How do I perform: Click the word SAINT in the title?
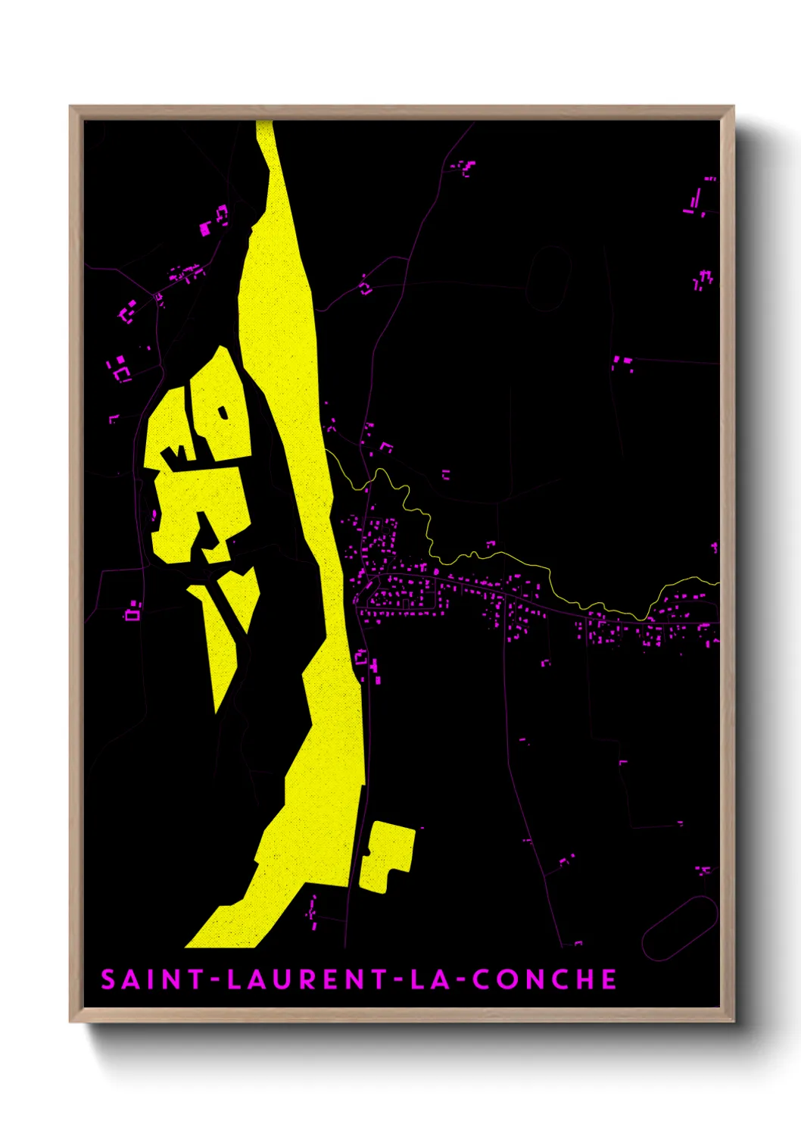click(151, 979)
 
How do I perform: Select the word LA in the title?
click(430, 979)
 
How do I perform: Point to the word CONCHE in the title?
click(545, 979)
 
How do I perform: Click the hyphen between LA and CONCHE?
click(462, 980)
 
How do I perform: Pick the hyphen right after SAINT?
click(215, 980)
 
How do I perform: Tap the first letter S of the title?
click(108, 979)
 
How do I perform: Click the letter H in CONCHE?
click(583, 979)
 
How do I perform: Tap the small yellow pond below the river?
click(388, 856)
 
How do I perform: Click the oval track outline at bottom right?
click(679, 928)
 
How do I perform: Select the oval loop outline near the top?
click(549, 278)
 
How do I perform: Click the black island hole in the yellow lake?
click(223, 413)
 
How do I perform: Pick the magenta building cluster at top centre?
click(463, 167)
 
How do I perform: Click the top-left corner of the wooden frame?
click(71, 108)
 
